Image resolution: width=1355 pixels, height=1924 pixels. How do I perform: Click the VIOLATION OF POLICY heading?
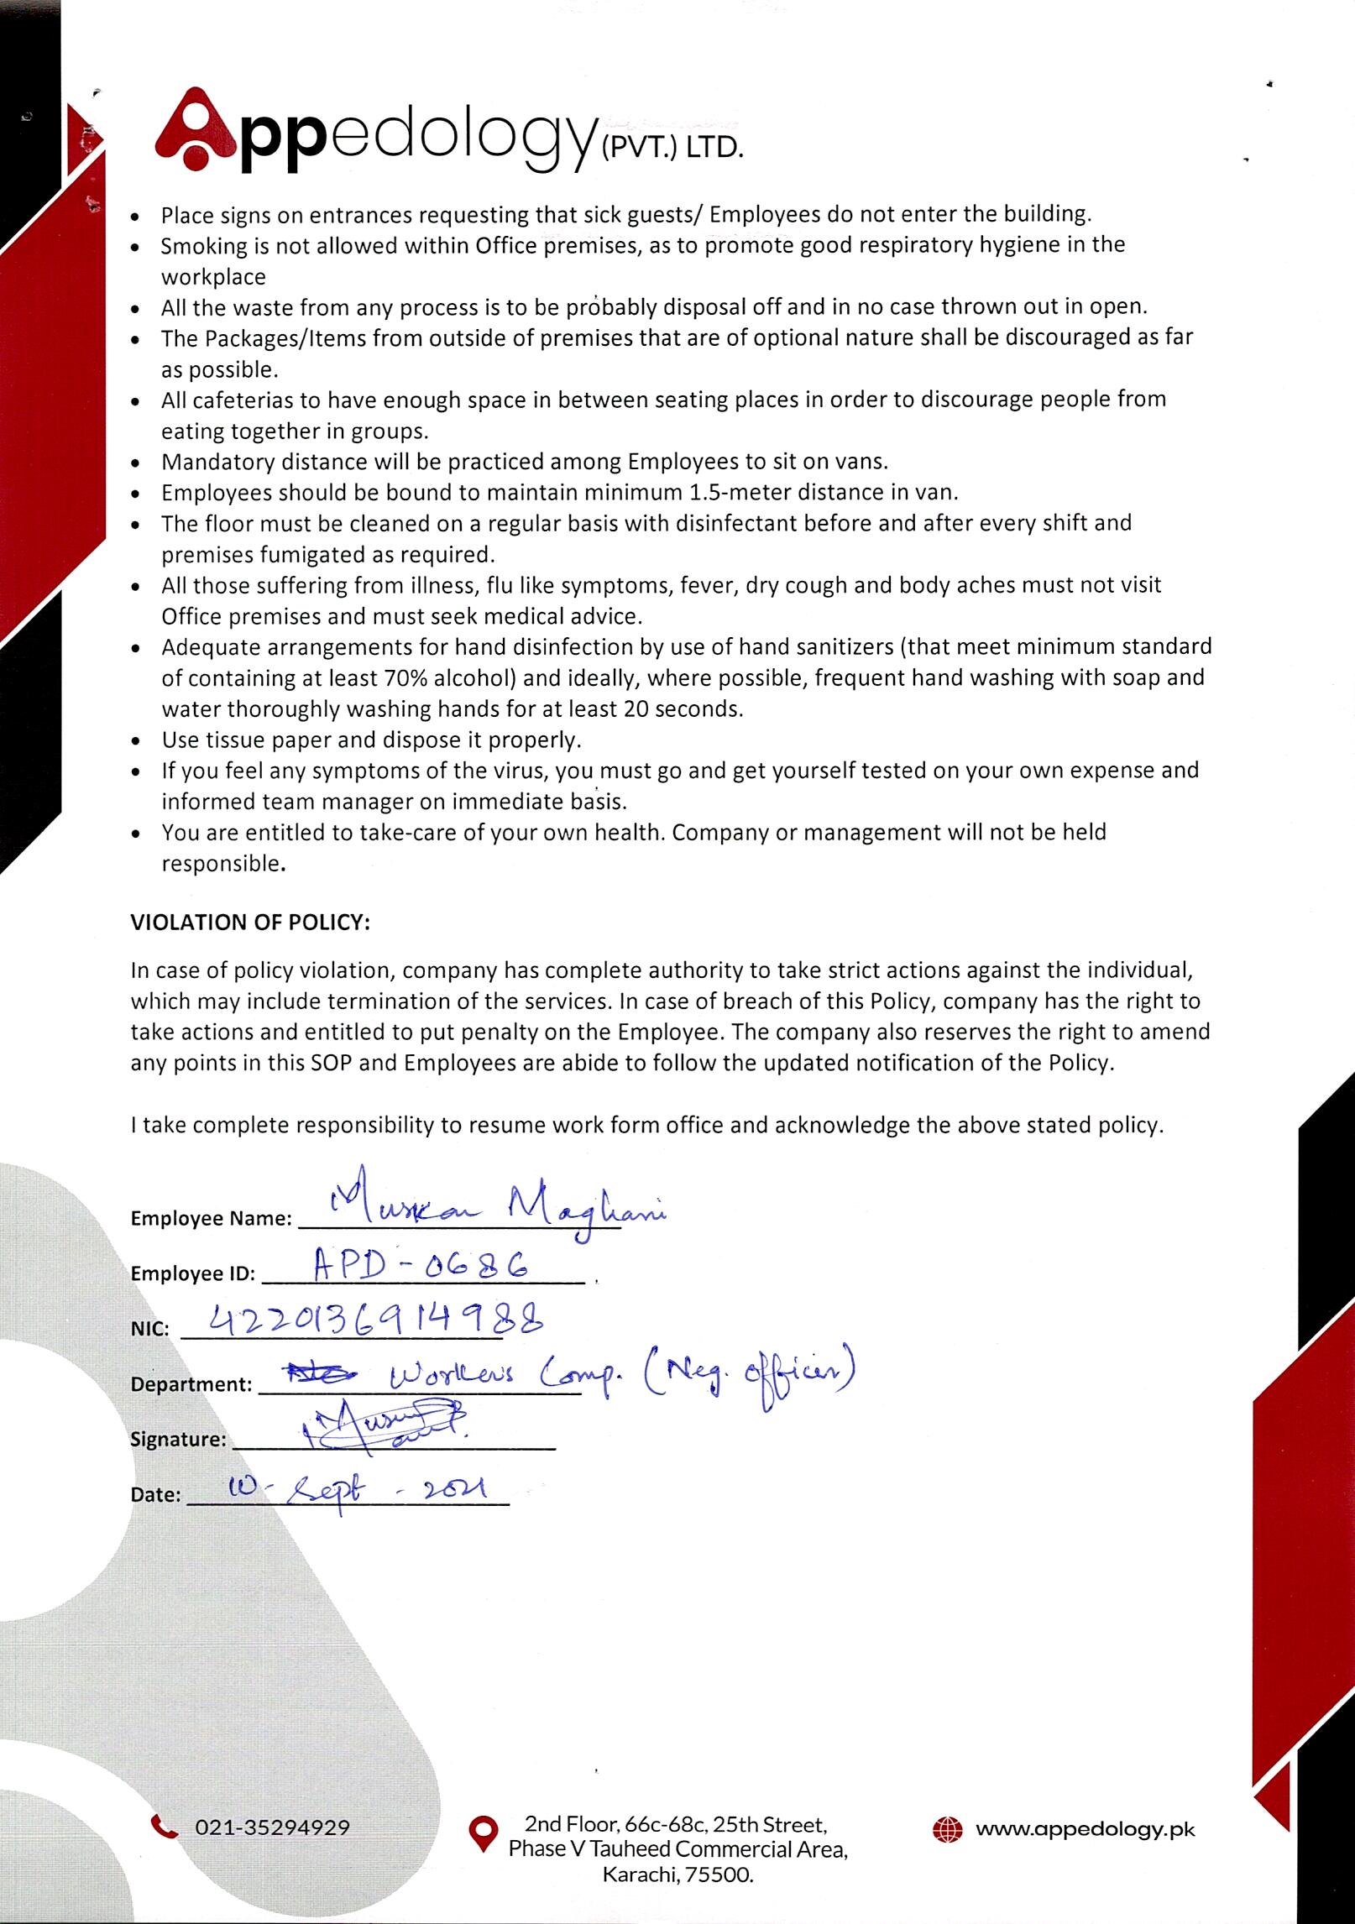pyautogui.click(x=250, y=923)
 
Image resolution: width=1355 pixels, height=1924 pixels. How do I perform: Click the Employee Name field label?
pyautogui.click(x=211, y=1219)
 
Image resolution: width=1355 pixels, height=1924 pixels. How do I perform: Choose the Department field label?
pyautogui.click(x=191, y=1384)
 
